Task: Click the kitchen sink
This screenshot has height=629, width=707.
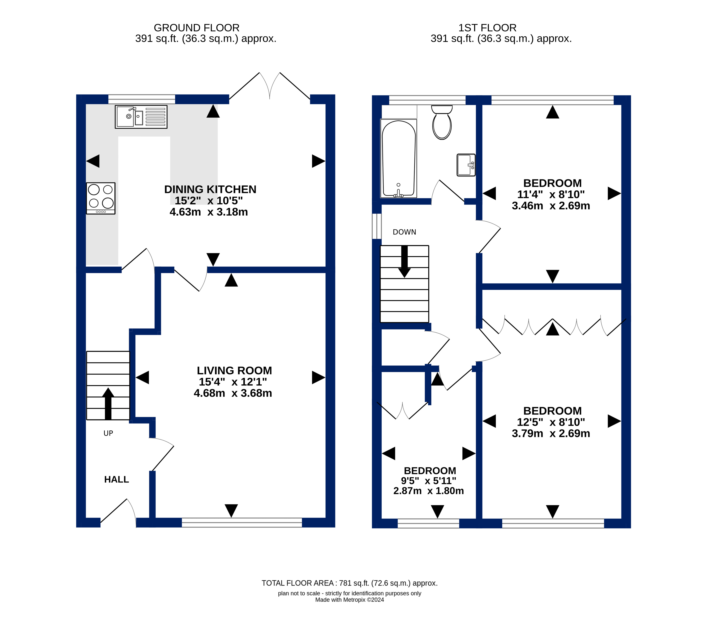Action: [141, 117]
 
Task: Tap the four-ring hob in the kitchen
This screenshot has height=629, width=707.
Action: [101, 198]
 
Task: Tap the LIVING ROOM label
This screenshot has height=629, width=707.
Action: [235, 371]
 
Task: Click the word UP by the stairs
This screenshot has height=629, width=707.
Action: [108, 433]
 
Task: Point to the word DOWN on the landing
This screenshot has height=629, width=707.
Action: [404, 232]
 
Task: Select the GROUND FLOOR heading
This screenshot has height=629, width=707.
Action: [196, 28]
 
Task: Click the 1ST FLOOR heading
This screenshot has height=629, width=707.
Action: [487, 28]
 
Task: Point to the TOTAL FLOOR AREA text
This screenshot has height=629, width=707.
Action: [350, 583]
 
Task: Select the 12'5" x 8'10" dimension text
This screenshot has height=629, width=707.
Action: [551, 422]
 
